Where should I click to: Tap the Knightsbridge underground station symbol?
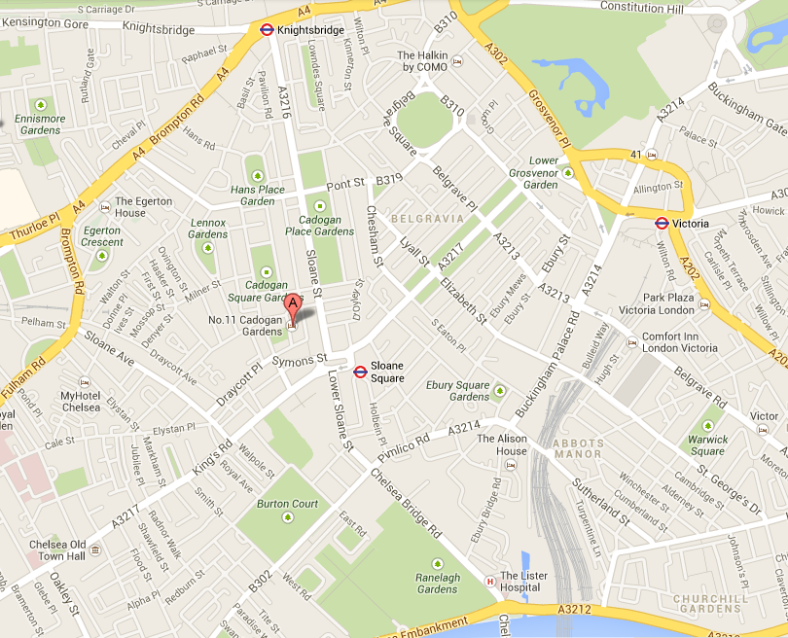click(x=267, y=30)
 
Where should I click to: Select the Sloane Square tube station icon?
click(x=360, y=371)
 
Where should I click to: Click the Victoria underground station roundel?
click(x=662, y=223)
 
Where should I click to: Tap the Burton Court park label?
click(x=287, y=504)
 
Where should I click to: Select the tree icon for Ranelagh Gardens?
click(x=438, y=563)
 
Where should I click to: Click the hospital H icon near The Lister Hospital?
click(x=489, y=582)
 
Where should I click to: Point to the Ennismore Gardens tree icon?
click(x=41, y=104)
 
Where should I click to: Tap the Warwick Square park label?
click(x=707, y=444)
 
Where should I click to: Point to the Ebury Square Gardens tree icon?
click(x=500, y=391)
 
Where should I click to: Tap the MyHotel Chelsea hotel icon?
click(x=85, y=381)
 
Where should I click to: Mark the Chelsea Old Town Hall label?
click(x=57, y=549)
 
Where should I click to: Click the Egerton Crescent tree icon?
click(x=101, y=257)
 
